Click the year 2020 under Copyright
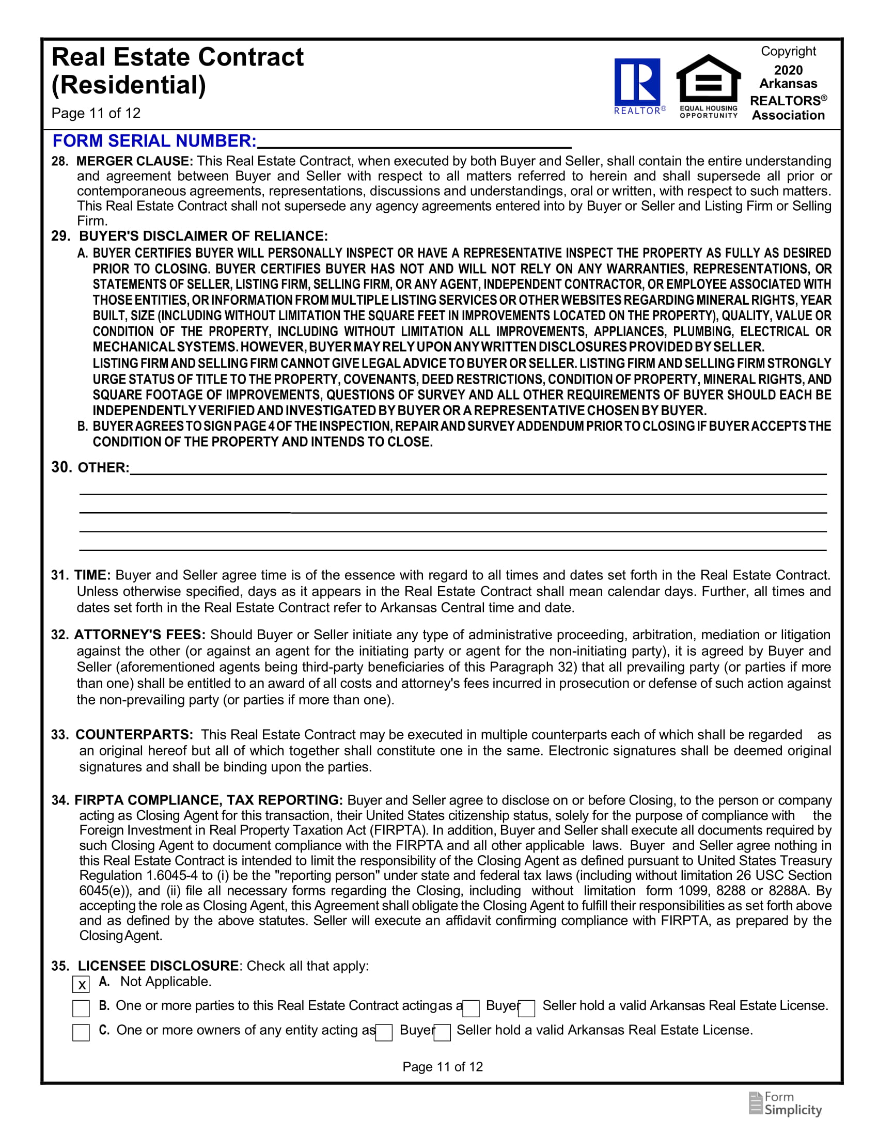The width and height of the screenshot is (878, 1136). (x=788, y=70)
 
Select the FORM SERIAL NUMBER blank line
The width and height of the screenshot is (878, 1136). (x=414, y=142)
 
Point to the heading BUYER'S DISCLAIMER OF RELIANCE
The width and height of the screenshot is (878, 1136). (x=203, y=236)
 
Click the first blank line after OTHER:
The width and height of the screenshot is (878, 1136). (x=478, y=468)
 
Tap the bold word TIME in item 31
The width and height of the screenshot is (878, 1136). (x=92, y=575)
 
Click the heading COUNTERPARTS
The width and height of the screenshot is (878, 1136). (x=134, y=735)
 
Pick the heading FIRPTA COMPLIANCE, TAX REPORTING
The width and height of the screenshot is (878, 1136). (x=209, y=800)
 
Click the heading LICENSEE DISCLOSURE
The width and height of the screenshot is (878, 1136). (x=158, y=966)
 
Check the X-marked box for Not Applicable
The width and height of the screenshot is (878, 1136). (x=81, y=984)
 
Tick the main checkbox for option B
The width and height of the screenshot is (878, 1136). (x=81, y=1008)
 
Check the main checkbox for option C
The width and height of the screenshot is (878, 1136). (x=81, y=1033)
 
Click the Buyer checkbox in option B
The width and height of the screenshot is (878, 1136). (x=471, y=1008)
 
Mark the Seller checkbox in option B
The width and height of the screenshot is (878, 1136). (x=527, y=1008)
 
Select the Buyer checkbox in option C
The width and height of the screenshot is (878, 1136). (x=384, y=1033)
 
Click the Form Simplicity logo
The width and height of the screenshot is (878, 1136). (x=786, y=1104)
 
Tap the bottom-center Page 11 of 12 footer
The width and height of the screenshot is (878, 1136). (x=443, y=1067)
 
